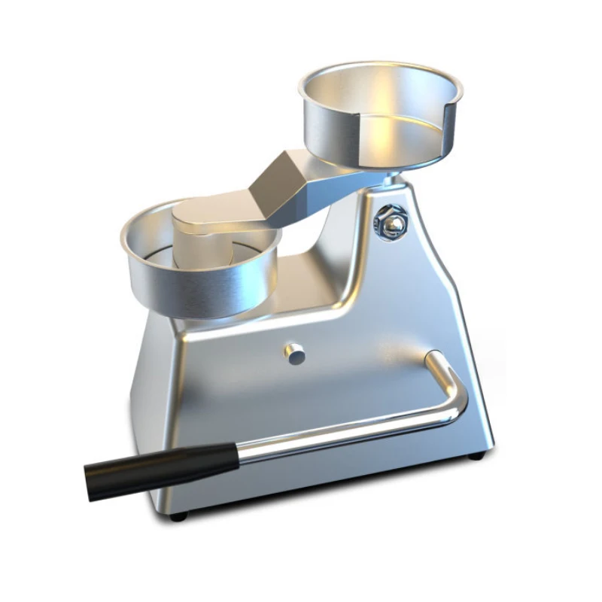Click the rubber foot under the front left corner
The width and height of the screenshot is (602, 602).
click(177, 516)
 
